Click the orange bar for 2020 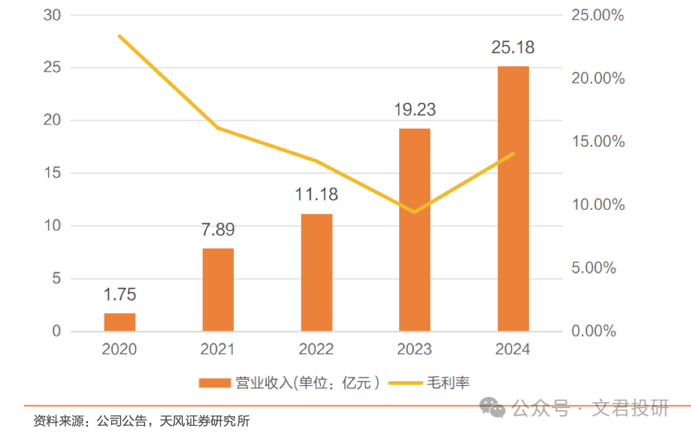point(120,322)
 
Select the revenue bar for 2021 point(218,290)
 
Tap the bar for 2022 point(316,273)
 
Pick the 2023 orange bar point(415,230)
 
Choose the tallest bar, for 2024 point(513,199)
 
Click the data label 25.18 point(513,48)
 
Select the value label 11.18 point(316,196)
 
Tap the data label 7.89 point(218,230)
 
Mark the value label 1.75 point(120,295)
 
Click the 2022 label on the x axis point(316,349)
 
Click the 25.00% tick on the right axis point(594,15)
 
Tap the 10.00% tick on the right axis point(594,205)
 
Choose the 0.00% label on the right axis point(594,332)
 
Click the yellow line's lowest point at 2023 point(414,212)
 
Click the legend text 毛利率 point(448,383)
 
